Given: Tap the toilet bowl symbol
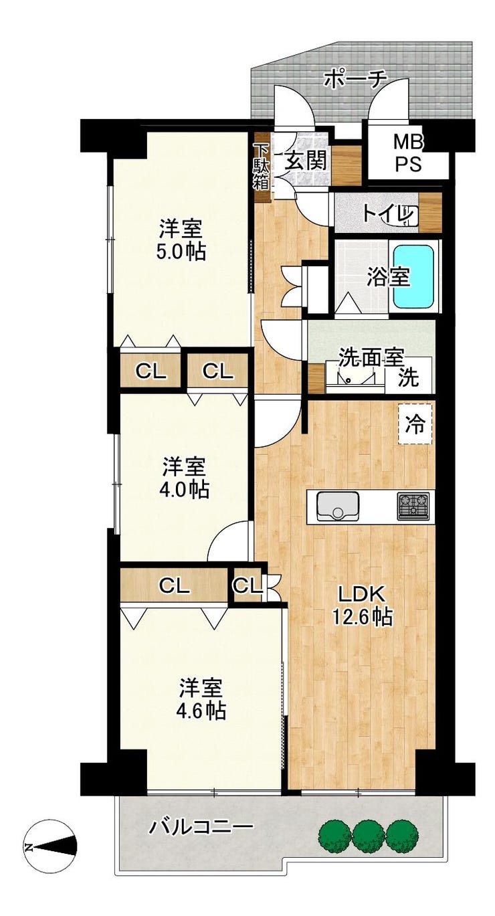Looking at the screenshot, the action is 402,214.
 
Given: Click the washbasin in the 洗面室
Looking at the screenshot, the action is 350,377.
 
